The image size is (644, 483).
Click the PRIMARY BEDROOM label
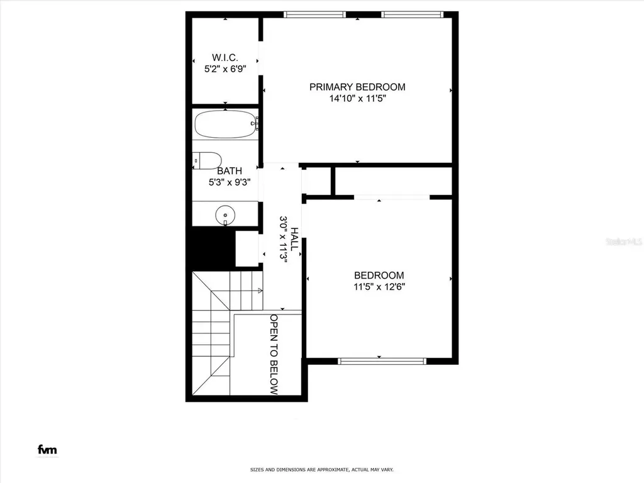[357, 87]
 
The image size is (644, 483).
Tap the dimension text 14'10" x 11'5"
[357, 98]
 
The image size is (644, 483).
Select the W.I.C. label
[224, 58]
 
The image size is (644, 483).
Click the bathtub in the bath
[225, 124]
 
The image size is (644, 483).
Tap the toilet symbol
[207, 160]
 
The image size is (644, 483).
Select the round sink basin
[225, 216]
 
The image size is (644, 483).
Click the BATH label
[230, 171]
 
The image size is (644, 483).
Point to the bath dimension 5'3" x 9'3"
[230, 182]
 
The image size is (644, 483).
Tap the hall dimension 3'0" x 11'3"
[283, 240]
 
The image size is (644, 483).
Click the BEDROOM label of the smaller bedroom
[379, 275]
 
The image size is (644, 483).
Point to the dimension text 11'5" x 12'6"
[379, 286]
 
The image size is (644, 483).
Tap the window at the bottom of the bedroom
[382, 361]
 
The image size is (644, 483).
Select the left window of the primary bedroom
[314, 14]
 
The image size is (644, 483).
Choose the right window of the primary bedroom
[412, 14]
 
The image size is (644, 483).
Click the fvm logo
[47, 450]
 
